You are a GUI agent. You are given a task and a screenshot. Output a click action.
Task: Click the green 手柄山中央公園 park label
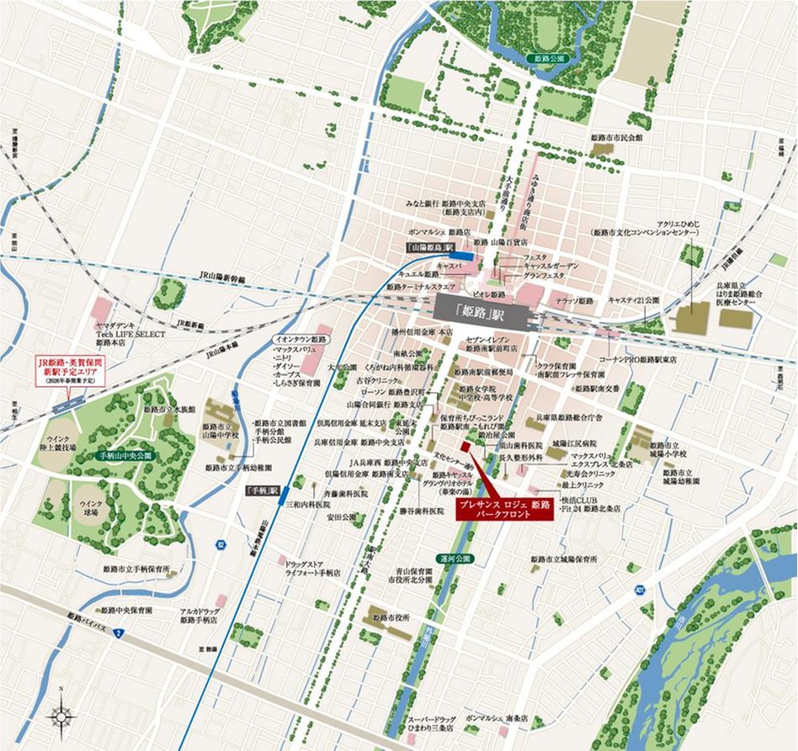124,455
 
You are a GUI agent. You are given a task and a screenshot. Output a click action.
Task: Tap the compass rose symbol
61,716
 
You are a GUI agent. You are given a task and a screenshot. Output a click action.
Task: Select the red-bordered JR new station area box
66,370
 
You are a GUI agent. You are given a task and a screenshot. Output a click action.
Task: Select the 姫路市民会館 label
619,136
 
